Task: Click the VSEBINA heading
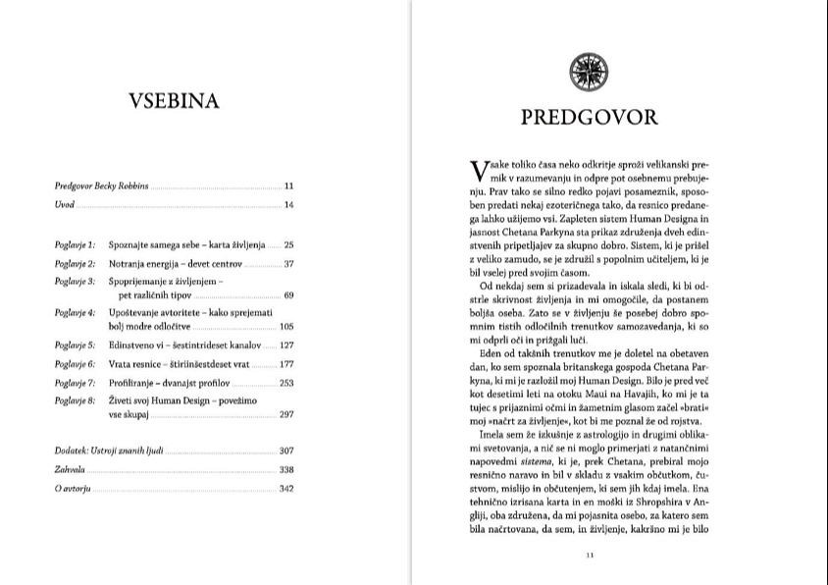point(174,101)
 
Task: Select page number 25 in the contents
point(288,244)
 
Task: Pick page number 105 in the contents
point(286,326)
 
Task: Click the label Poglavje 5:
point(75,346)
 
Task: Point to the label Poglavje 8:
point(75,400)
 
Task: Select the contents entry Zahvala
point(70,469)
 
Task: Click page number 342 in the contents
point(286,488)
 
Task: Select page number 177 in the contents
point(286,364)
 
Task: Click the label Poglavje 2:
point(75,264)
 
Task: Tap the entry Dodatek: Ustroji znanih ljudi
point(110,451)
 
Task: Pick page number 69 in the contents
point(288,295)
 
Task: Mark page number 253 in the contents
point(286,382)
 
